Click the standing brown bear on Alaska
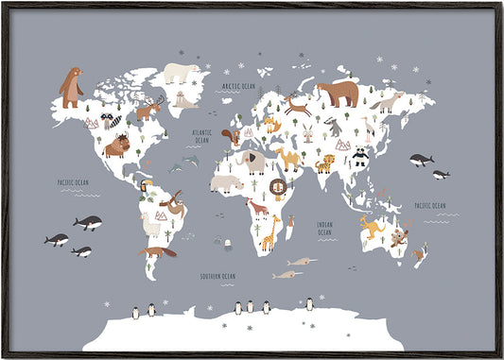coord(71,87)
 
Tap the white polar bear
coord(179,74)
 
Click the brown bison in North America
coord(116,146)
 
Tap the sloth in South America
coord(171,201)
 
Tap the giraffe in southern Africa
coord(270,232)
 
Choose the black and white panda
coord(359,157)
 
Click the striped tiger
coord(324,164)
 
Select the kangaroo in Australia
coord(369,225)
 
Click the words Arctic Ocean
coord(238,86)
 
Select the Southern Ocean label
coord(217,276)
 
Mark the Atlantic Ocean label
coord(201,137)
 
